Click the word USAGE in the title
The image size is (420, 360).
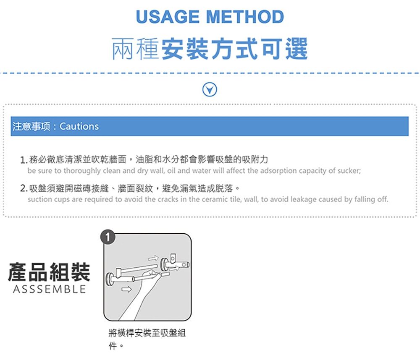tap(168, 17)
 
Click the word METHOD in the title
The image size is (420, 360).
tap(245, 17)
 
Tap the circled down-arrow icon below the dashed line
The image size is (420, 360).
tap(210, 89)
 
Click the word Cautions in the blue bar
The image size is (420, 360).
tap(79, 126)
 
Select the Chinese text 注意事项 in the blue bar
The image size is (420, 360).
tap(31, 126)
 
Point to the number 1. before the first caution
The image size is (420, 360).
tap(24, 160)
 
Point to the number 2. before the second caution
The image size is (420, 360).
tap(24, 189)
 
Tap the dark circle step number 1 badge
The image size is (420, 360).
tap(108, 237)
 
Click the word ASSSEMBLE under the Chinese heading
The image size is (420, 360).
tap(49, 290)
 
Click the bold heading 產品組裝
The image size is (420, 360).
tap(49, 272)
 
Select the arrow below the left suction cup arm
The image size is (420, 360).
tap(126, 289)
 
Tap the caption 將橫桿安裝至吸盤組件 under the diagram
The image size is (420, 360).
tap(147, 339)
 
